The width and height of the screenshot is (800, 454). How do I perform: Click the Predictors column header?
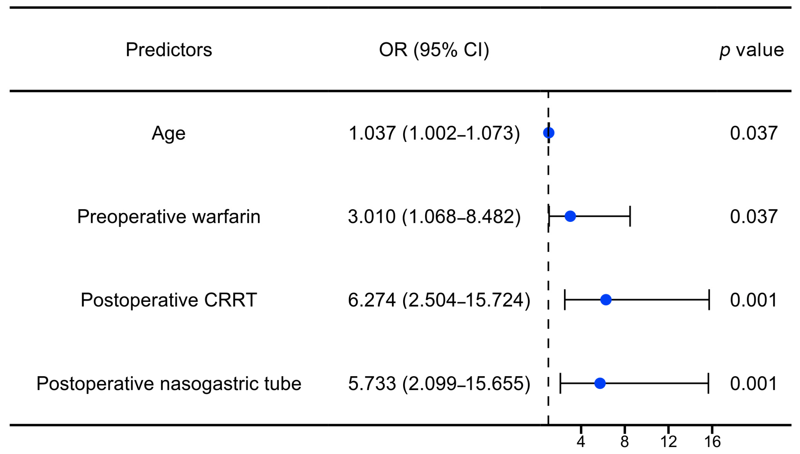pos(169,50)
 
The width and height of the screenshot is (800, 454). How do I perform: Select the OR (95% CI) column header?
pos(434,50)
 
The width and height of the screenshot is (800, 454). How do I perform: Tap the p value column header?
pos(752,50)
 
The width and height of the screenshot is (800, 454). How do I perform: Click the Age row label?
pos(168,134)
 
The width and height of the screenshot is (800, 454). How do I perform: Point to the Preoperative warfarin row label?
pos(169,217)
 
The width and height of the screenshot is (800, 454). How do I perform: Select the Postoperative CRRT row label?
pos(169,300)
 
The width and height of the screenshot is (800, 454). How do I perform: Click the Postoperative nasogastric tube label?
pos(169,384)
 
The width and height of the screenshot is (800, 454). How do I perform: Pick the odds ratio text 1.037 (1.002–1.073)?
pos(434,133)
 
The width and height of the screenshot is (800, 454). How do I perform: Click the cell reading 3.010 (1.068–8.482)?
pos(434,217)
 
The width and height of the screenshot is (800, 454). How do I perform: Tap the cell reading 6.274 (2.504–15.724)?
pos(439,300)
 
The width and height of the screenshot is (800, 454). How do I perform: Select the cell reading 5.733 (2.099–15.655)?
pos(439,384)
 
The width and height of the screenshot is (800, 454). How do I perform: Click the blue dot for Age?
pos(549,133)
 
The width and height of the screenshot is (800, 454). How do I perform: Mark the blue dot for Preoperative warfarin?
pos(570,216)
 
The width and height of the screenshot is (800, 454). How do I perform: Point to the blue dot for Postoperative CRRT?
pos(606,300)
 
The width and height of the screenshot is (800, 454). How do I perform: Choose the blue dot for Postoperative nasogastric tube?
pos(600,383)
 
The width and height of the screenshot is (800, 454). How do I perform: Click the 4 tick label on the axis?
pos(581,442)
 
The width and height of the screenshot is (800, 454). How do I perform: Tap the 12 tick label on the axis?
pos(668,442)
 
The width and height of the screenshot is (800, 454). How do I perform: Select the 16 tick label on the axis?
pos(712,442)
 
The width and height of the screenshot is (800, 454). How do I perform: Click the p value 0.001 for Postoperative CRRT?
pos(754,300)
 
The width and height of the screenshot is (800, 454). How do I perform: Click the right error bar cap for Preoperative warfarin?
pos(630,216)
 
